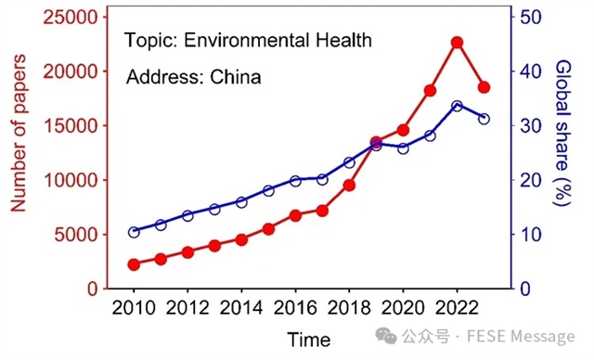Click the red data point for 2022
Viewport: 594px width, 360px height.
pyautogui.click(x=457, y=43)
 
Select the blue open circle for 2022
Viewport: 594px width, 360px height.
pyautogui.click(x=457, y=106)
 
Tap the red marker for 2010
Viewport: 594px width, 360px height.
pyautogui.click(x=134, y=264)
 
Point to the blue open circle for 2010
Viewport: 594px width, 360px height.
pyautogui.click(x=134, y=232)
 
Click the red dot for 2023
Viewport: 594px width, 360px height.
pyautogui.click(x=484, y=87)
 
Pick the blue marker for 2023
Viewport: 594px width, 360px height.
pyautogui.click(x=484, y=119)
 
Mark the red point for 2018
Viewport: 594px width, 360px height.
pyautogui.click(x=349, y=185)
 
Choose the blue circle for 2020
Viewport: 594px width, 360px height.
pyautogui.click(x=403, y=148)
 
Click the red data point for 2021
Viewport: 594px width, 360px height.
pyautogui.click(x=430, y=90)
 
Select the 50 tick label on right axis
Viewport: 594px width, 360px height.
pyautogui.click(x=531, y=17)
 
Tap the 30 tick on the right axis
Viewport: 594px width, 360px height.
pyautogui.click(x=531, y=125)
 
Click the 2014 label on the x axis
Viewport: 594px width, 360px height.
pyautogui.click(x=241, y=308)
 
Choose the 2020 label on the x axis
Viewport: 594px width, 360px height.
pyautogui.click(x=403, y=308)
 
